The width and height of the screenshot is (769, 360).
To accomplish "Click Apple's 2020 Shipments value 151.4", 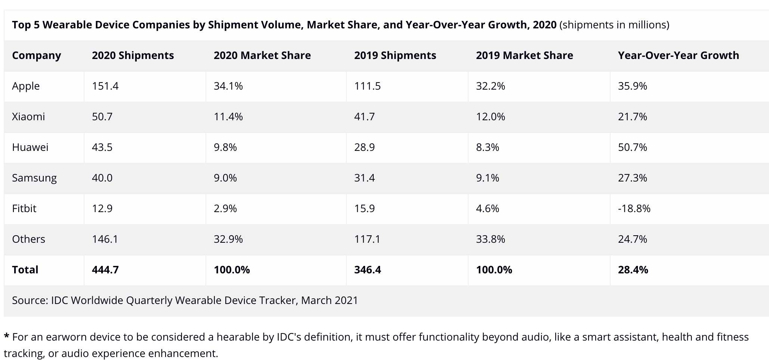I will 105,86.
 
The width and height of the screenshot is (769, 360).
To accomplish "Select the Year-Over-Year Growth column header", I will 678,56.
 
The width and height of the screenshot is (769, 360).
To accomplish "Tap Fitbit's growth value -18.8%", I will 634,208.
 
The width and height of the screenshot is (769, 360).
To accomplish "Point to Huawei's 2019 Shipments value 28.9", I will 364,147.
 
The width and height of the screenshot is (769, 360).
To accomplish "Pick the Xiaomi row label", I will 28,117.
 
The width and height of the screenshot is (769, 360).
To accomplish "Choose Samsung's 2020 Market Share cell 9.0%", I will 225,178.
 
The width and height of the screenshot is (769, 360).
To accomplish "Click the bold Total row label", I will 25,270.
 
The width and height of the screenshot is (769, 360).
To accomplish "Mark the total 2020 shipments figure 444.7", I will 105,270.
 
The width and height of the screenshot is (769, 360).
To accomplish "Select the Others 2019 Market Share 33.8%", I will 490,239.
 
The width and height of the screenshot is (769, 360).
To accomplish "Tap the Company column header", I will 36,56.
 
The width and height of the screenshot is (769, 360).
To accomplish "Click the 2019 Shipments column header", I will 395,56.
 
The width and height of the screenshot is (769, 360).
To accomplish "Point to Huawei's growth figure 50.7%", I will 632,147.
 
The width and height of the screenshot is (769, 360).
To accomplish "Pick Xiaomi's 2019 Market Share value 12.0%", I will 490,117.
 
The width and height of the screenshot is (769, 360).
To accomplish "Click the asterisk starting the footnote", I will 6,337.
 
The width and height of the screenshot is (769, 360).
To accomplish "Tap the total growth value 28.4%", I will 633,270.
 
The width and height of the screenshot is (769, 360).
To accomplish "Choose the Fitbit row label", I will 24,208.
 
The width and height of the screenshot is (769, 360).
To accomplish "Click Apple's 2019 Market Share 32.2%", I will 490,86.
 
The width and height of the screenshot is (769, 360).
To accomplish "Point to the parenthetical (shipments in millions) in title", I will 614,25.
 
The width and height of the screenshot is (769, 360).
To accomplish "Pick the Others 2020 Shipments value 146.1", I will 105,239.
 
